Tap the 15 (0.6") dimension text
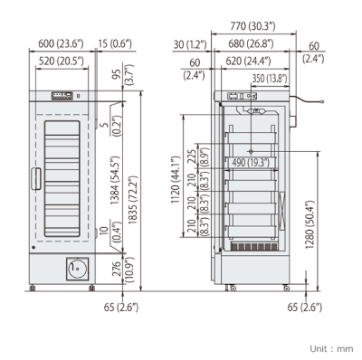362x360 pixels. coord(114,42)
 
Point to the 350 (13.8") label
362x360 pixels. coord(271,80)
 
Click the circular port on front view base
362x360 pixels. coord(76,268)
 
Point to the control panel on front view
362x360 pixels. coord(62,93)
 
